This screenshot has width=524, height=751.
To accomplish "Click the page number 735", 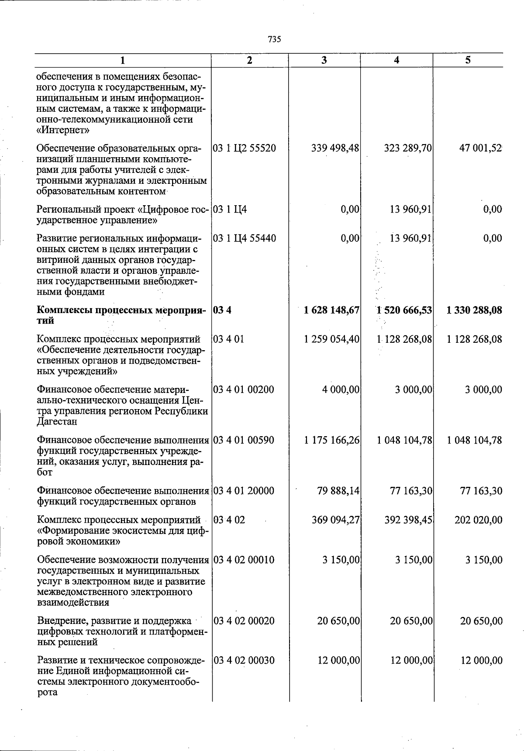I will pos(274,39).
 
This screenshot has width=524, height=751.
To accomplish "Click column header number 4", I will pos(396,61).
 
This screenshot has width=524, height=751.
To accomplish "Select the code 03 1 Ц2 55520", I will pos(245,148).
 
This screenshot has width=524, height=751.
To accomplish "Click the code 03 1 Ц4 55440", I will pos(245,238).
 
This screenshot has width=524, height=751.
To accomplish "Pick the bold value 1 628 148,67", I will pos(332,310).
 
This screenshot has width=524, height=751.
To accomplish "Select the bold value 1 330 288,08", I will pos(474,310).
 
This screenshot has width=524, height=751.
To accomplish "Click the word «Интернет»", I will pos(63,130).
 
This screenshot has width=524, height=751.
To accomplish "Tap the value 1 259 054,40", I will pos(332,339).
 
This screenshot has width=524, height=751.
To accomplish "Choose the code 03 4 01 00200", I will pos(244,389).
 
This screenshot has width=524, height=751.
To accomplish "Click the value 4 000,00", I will pos(341,389).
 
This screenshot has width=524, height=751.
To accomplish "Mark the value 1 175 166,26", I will pos(332,440).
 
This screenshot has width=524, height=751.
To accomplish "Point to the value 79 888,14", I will pos(338,491).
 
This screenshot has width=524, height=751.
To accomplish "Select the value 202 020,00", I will pos(478,520).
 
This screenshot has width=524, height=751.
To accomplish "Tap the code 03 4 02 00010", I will pos(244,560).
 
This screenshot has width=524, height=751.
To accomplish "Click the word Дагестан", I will pos(57,422).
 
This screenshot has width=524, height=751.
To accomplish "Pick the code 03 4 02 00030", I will pos(244,661).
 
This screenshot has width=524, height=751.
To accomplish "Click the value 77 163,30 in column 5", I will pos(481,491).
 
